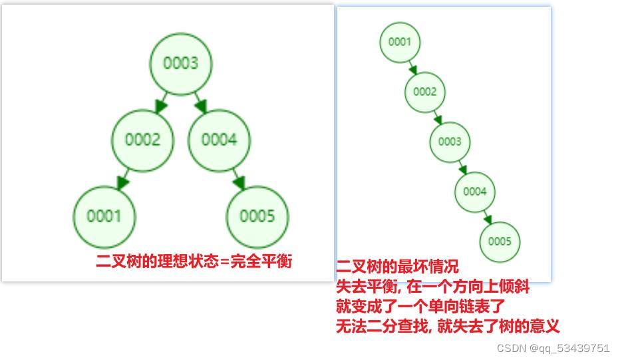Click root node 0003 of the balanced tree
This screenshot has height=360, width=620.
(180, 63)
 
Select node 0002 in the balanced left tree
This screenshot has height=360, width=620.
(142, 140)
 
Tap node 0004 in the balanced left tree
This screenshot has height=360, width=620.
(219, 140)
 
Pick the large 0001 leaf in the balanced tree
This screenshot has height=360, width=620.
(104, 216)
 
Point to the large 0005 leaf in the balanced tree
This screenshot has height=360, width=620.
(257, 216)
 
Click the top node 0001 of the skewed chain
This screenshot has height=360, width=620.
(400, 42)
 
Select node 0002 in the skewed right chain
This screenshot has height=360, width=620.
(424, 92)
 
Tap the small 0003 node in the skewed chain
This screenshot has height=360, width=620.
(450, 142)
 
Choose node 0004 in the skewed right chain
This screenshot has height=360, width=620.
(475, 192)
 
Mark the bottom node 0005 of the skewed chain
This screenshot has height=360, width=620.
(500, 242)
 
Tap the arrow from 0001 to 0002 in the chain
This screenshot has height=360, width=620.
(412, 67)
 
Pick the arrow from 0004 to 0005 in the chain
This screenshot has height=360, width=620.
(488, 216)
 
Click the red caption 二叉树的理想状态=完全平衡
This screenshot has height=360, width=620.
(194, 261)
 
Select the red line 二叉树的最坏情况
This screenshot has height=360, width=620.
(397, 268)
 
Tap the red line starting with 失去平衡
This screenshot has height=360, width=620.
(433, 287)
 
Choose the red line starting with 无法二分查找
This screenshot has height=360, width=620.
(448, 326)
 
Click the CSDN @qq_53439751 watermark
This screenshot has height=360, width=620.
(553, 348)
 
